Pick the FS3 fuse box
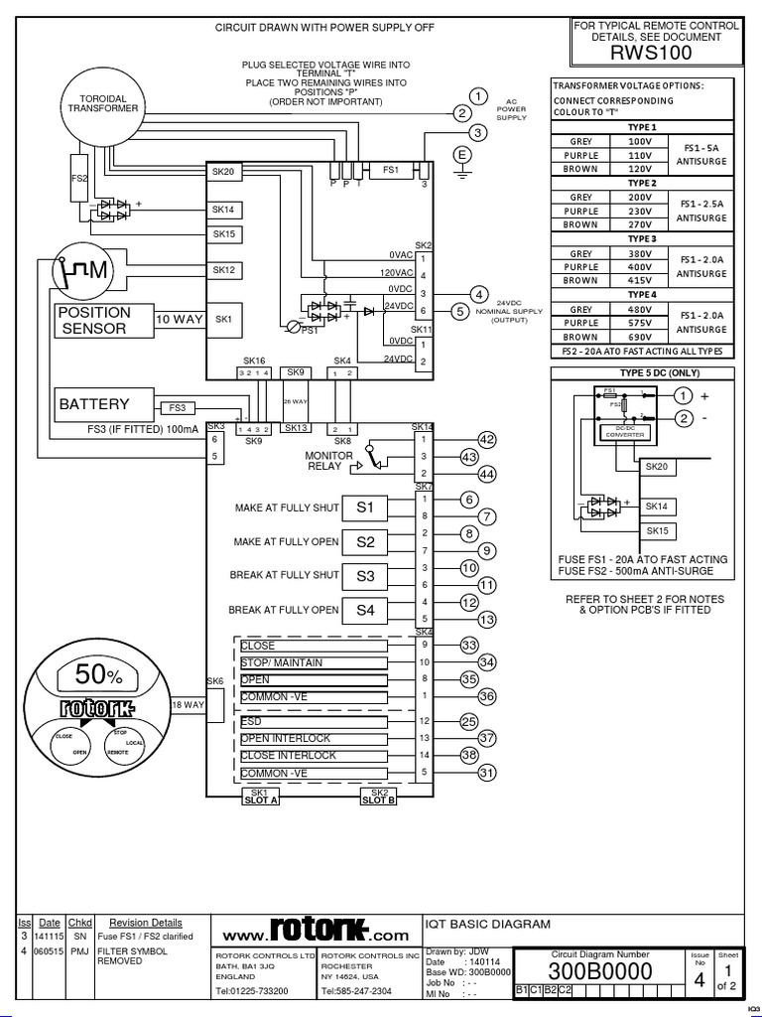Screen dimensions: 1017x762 click(177, 407)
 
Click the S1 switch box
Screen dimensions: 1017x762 click(365, 508)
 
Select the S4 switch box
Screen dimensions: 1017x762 click(365, 610)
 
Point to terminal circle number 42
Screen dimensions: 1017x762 click(486, 439)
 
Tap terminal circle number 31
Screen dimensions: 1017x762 click(486, 773)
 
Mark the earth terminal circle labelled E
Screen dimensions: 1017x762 click(461, 154)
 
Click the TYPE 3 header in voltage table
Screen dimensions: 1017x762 click(642, 239)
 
